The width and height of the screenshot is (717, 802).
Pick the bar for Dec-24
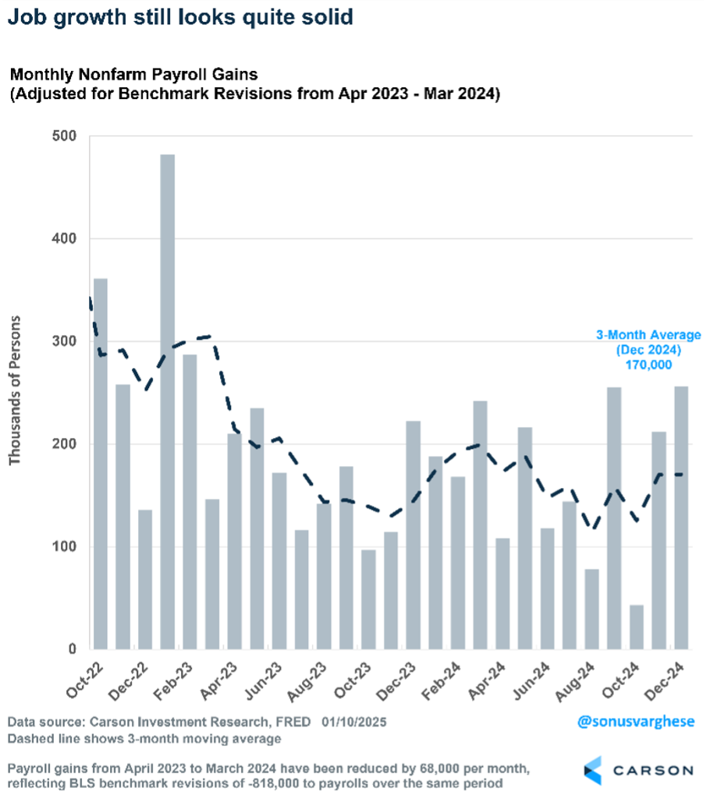coord(682,518)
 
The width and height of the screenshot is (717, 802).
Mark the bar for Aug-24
coord(592,609)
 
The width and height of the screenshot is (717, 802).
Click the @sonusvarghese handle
coord(636,721)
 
